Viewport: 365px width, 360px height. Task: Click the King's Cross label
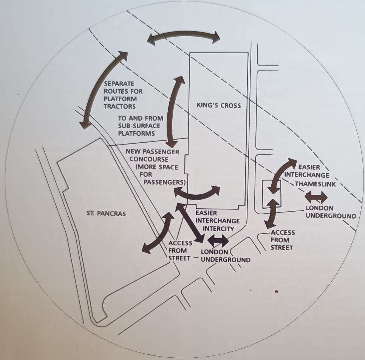(x=218, y=106)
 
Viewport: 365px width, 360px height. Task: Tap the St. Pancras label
(x=106, y=213)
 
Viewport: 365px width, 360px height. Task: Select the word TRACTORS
(x=120, y=106)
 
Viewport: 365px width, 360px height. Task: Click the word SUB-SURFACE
(x=139, y=126)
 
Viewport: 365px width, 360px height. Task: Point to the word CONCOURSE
(x=149, y=159)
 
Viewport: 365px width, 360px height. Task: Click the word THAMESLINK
(x=316, y=184)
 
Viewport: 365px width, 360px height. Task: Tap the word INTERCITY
(x=218, y=229)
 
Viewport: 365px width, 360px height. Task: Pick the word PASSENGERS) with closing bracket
(x=165, y=182)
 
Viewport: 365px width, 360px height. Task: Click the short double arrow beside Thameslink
(x=316, y=197)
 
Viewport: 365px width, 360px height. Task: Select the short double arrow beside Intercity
(x=218, y=241)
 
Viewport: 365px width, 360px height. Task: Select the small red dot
(x=277, y=291)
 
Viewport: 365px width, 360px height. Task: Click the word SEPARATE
(x=119, y=84)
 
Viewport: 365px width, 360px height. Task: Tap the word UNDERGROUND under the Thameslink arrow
(x=331, y=216)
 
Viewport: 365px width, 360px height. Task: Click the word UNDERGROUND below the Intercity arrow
(x=226, y=260)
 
